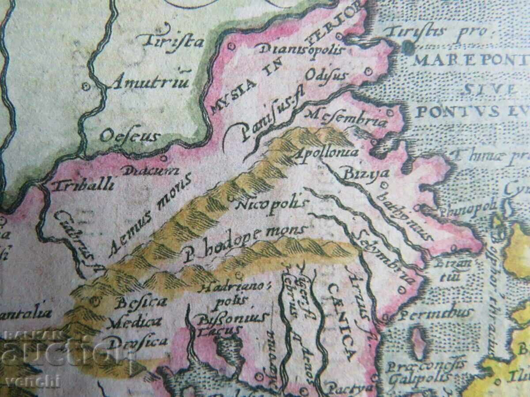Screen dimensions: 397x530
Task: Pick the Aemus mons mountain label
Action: coord(151,214)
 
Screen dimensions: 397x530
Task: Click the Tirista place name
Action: coord(170,41)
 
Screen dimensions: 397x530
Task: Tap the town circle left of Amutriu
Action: coord(86,86)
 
